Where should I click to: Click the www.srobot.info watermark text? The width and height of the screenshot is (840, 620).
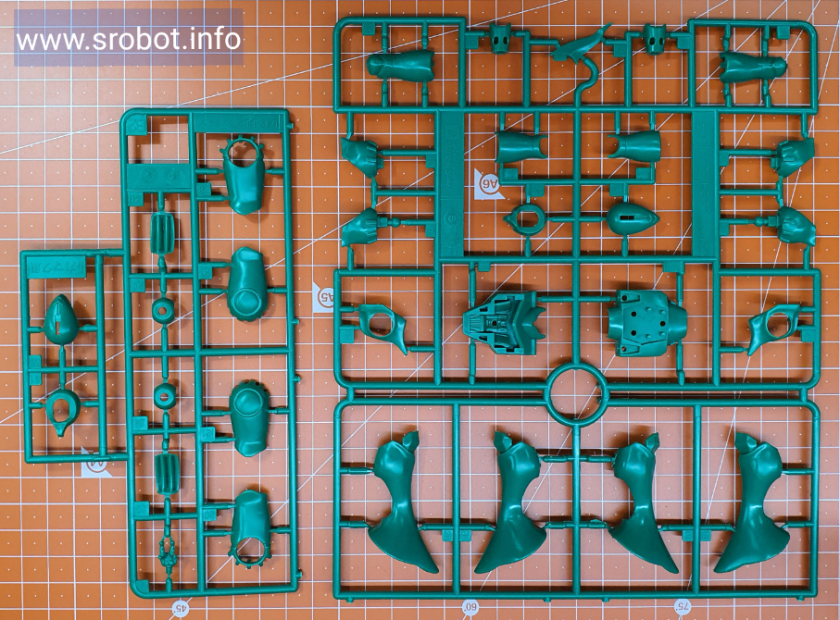[x=129, y=40]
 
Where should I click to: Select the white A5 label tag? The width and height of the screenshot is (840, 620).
[x=323, y=296]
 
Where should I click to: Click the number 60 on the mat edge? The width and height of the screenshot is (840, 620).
[x=470, y=607]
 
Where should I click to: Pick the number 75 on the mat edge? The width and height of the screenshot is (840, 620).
[x=682, y=606]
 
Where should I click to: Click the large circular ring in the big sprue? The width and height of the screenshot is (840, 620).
[x=576, y=391]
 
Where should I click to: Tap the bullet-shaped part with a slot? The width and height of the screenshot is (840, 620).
[x=633, y=217]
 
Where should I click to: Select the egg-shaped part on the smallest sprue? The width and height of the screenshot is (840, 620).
[x=60, y=319]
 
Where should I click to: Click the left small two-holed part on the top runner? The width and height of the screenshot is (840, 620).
[x=501, y=39]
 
